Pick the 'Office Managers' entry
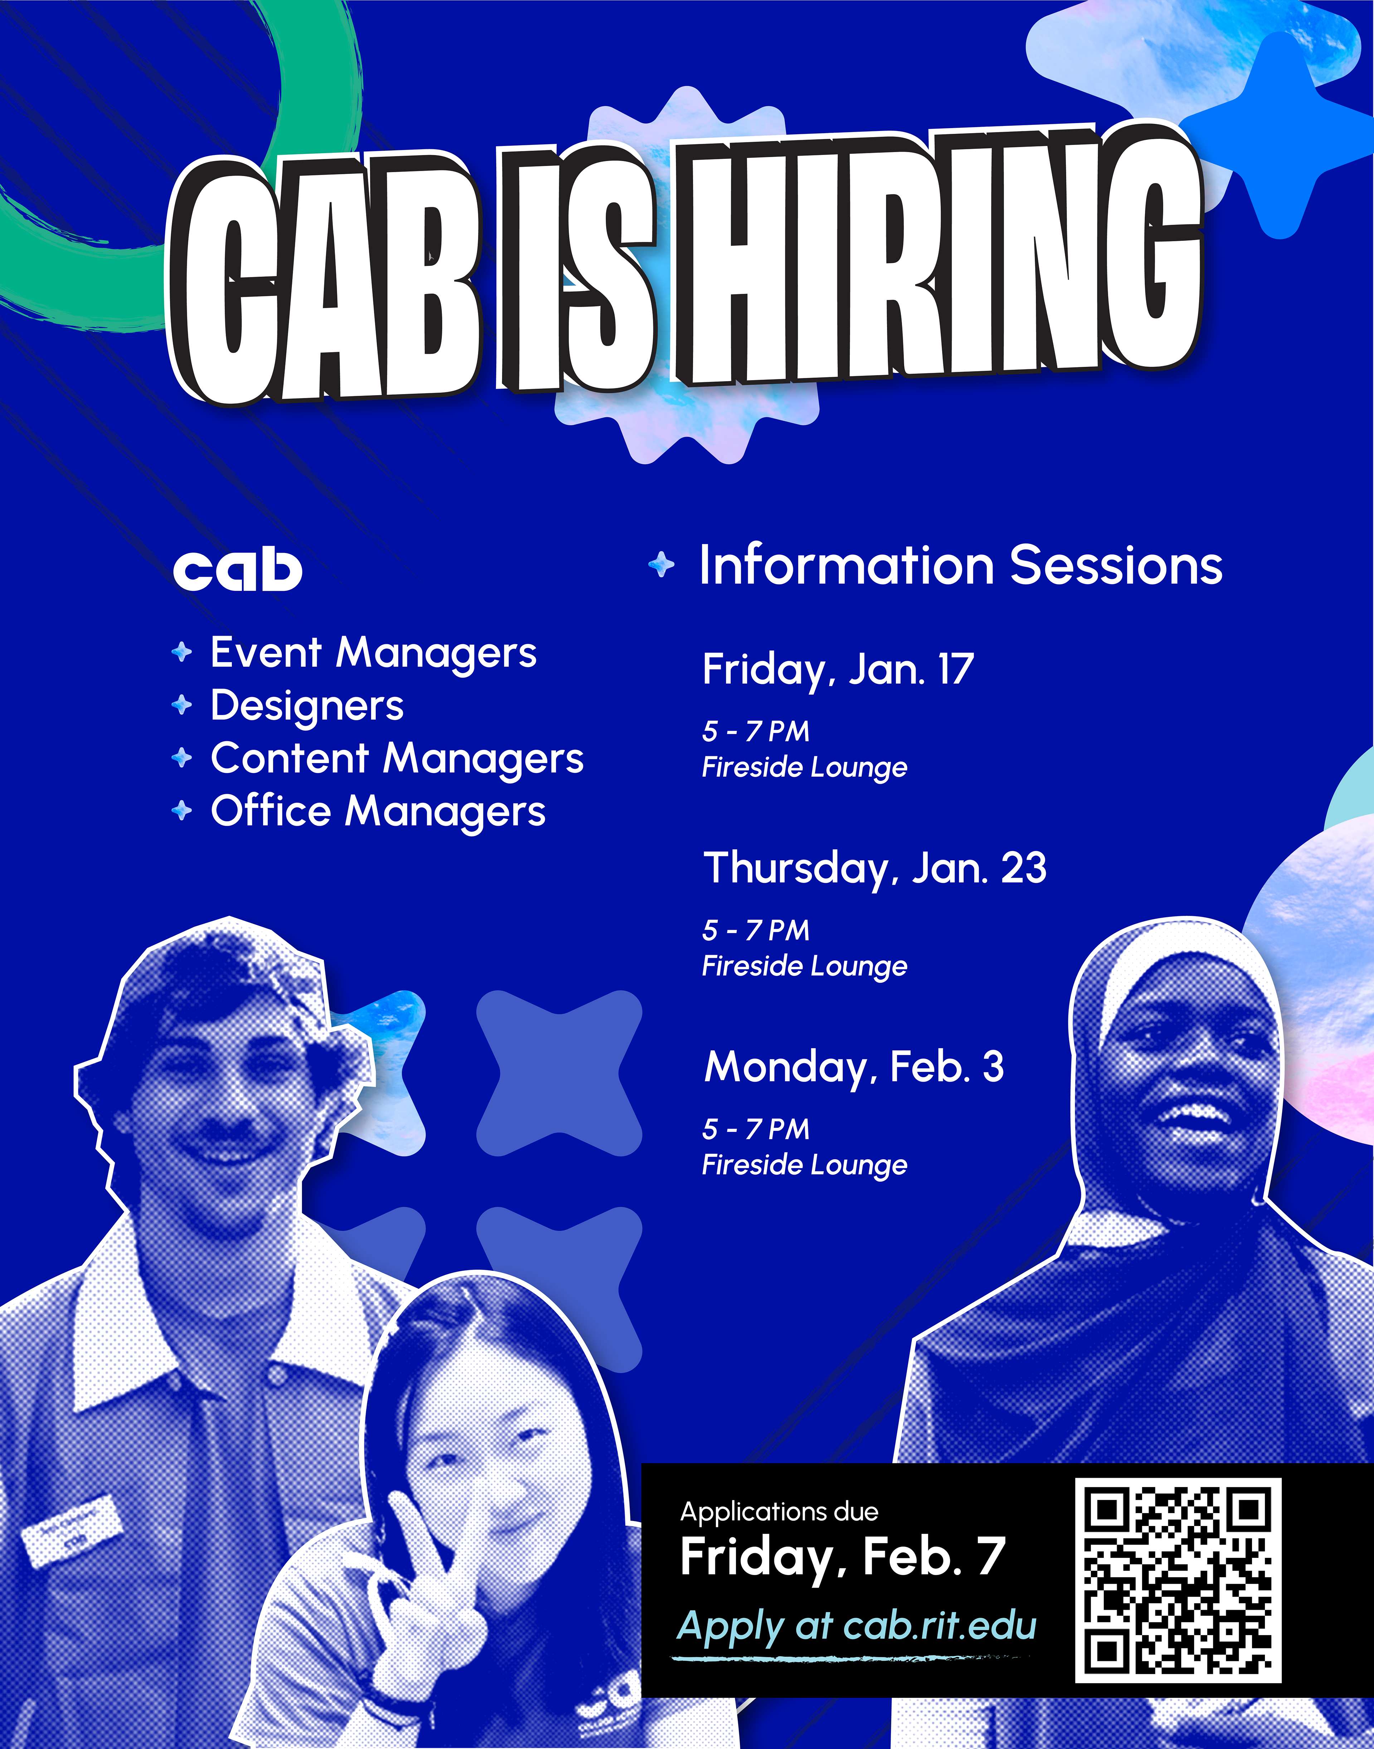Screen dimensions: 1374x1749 (x=378, y=812)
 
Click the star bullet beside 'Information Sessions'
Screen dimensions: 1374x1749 (x=661, y=565)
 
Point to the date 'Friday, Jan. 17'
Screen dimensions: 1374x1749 (x=838, y=670)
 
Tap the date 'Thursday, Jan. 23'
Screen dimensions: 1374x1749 (x=875, y=869)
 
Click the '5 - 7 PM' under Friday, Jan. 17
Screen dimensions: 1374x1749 (x=755, y=731)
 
